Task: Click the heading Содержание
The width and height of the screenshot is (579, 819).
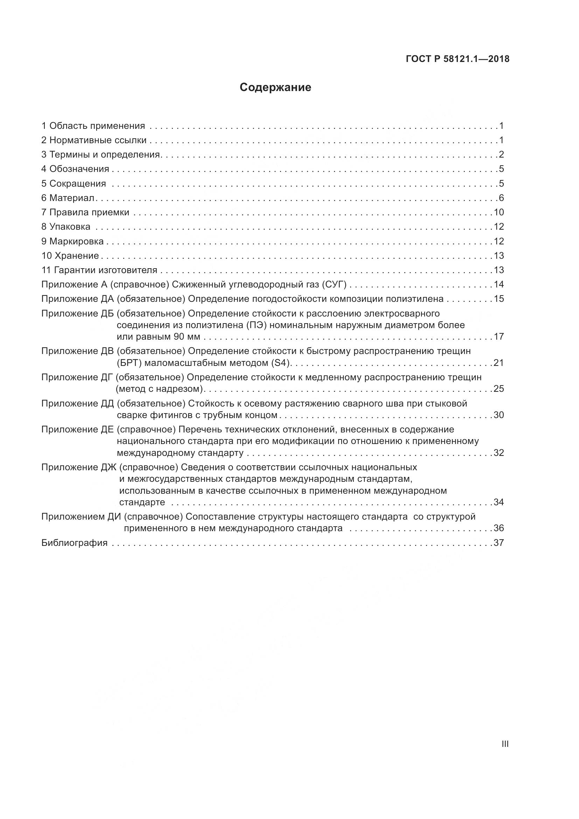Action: [x=275, y=88]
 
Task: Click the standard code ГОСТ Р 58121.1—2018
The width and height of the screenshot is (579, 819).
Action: [x=458, y=59]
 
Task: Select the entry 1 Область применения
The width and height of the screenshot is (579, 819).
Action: [x=93, y=126]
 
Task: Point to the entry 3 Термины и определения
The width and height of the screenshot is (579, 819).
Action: [x=101, y=155]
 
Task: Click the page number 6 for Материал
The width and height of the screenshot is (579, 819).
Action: [x=501, y=198]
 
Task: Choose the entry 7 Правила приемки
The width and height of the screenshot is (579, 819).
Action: [x=85, y=213]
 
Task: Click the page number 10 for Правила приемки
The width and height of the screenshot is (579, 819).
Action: [x=499, y=213]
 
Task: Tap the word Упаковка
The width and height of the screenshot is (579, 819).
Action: [x=70, y=227]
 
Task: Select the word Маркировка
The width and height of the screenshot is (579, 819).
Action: [x=76, y=242]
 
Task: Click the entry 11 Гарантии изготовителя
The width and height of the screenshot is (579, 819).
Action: [x=99, y=270]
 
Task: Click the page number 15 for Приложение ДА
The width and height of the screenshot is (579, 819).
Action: [x=499, y=299]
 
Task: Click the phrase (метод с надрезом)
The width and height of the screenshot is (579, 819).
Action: [x=159, y=389]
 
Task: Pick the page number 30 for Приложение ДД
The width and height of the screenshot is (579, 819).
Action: [x=499, y=415]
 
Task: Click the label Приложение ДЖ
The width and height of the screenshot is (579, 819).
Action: [x=78, y=467]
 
